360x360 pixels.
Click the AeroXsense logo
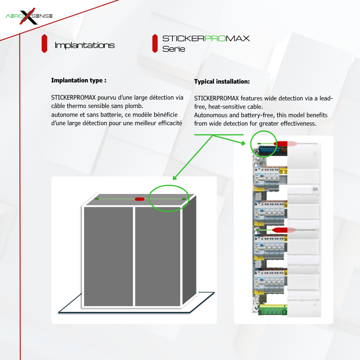29,16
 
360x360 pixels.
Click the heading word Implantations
84,45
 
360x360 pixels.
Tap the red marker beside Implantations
44,44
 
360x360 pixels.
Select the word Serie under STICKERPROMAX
174,49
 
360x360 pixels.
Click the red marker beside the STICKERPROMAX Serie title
155,44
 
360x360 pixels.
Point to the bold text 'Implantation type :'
78,80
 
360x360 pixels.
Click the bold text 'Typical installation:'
222,82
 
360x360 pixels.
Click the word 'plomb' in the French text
134,106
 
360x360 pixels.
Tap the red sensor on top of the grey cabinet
140,199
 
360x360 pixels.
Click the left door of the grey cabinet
108,256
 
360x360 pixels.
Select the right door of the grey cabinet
158,256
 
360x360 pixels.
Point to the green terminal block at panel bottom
272,309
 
